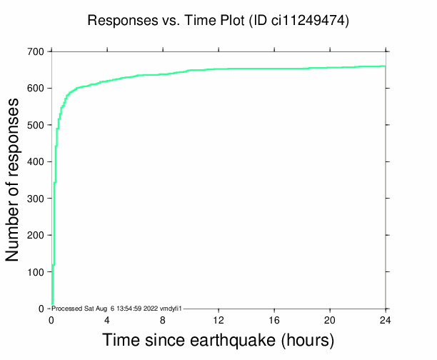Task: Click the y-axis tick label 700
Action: click(x=36, y=51)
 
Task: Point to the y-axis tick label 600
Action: click(x=36, y=89)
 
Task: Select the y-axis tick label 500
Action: click(x=36, y=125)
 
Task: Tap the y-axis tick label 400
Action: click(x=36, y=162)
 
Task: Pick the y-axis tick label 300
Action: click(x=36, y=199)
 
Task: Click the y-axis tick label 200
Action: click(x=36, y=235)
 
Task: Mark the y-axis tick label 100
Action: click(x=36, y=272)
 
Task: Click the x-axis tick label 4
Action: click(x=107, y=319)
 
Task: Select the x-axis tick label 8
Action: click(x=163, y=319)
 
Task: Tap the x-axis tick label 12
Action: click(x=218, y=319)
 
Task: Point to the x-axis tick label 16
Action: click(x=274, y=319)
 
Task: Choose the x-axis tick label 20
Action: click(x=330, y=319)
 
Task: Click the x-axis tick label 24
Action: click(x=386, y=319)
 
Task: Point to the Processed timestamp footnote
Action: click(x=119, y=308)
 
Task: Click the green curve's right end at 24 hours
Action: click(x=385, y=66)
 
